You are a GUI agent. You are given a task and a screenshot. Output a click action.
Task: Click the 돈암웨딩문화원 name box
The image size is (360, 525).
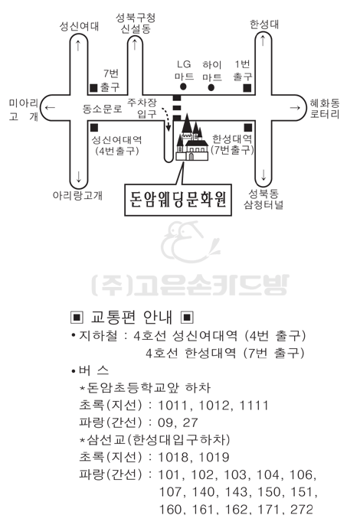pyautogui.click(x=178, y=200)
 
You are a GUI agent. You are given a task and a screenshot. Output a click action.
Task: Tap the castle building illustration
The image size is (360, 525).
pyautogui.click(x=191, y=138)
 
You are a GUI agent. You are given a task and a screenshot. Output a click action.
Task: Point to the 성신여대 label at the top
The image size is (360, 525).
pyautogui.click(x=79, y=27)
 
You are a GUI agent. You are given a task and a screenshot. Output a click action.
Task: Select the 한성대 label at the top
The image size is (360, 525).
pyautogui.click(x=264, y=24)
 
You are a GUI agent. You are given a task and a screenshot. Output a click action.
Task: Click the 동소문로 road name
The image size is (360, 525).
pyautogui.click(x=102, y=109)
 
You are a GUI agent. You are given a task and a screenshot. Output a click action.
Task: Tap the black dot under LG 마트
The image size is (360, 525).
pyautogui.click(x=183, y=86)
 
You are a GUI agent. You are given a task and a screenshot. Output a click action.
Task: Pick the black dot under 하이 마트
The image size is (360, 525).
pyautogui.click(x=211, y=88)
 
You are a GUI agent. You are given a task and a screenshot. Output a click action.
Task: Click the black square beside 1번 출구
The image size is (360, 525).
pyautogui.click(x=247, y=88)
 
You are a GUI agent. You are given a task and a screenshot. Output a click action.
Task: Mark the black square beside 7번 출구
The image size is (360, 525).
pyautogui.click(x=93, y=88)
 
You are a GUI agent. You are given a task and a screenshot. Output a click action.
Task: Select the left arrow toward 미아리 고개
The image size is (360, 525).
pyautogui.click(x=50, y=108)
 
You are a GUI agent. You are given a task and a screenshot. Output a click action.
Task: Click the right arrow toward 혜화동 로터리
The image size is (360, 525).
pyautogui.click(x=295, y=107)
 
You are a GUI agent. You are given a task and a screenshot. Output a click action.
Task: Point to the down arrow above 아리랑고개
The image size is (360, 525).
pyautogui.click(x=78, y=177)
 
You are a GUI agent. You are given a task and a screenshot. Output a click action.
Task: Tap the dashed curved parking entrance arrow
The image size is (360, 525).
pyautogui.click(x=166, y=119)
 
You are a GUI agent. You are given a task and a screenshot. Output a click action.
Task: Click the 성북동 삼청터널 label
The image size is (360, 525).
pyautogui.click(x=263, y=199)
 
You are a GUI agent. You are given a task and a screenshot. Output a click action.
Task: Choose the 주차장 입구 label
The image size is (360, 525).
pyautogui.click(x=142, y=108)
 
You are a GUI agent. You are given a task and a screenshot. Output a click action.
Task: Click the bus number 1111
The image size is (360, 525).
pyautogui.click(x=254, y=406)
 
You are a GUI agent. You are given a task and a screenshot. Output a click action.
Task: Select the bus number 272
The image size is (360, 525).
pyautogui.click(x=301, y=509)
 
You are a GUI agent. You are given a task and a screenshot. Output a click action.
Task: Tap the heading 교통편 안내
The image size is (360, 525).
pyautogui.click(x=132, y=317)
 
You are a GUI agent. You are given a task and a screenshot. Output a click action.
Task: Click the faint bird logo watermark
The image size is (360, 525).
pyautogui.click(x=190, y=241)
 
